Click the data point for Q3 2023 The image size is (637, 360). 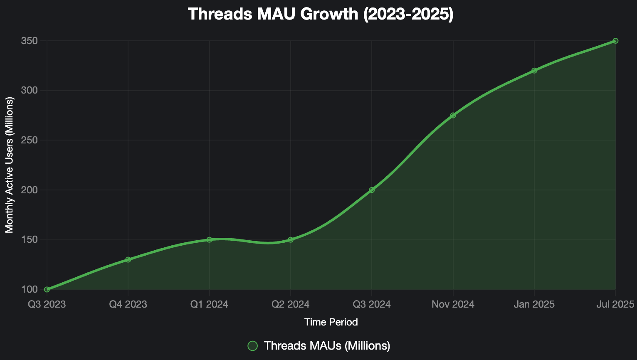click(47, 289)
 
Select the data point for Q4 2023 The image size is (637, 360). click(128, 260)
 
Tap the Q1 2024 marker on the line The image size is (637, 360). click(210, 240)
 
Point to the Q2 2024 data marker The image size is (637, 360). click(291, 240)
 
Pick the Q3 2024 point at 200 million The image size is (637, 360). click(372, 190)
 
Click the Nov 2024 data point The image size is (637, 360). click(453, 115)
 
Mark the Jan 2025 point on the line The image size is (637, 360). click(534, 71)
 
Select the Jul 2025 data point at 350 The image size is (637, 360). click(615, 41)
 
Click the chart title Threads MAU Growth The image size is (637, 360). click(321, 14)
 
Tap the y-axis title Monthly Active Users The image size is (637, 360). click(10, 165)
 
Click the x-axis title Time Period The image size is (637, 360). click(331, 322)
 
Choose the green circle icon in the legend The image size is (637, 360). click(253, 346)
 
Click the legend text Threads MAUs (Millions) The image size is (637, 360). click(327, 346)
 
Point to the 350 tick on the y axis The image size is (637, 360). click(30, 41)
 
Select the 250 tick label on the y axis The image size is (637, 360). click(30, 140)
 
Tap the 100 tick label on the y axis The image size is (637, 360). click(30, 289)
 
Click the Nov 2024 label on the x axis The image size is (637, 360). click(453, 304)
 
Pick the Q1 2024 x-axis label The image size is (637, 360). click(209, 304)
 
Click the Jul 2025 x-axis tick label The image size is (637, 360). click(615, 304)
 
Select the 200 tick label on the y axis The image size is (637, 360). click(30, 190)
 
